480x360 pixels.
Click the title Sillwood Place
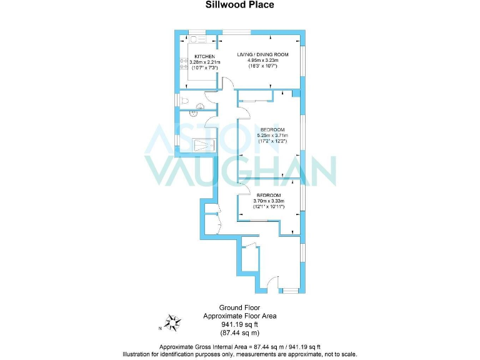tap(240, 5)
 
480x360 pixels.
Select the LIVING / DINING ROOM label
tap(262, 54)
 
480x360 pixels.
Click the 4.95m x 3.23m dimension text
tap(262, 61)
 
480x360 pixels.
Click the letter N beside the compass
tap(160, 327)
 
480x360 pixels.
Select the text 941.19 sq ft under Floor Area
tap(240, 325)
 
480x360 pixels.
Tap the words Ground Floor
tap(239, 307)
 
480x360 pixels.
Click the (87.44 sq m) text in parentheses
tap(240, 334)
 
